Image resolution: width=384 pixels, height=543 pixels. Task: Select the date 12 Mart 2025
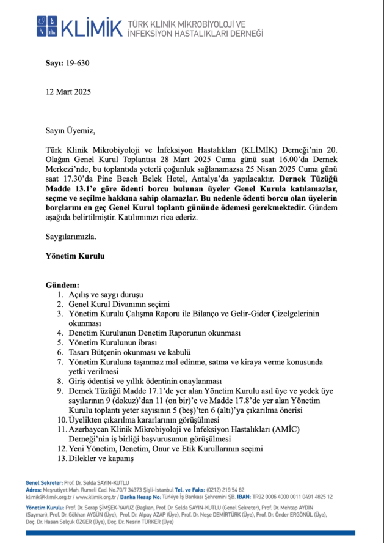[x=68, y=92]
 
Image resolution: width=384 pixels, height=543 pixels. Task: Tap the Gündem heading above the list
[x=63, y=286]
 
